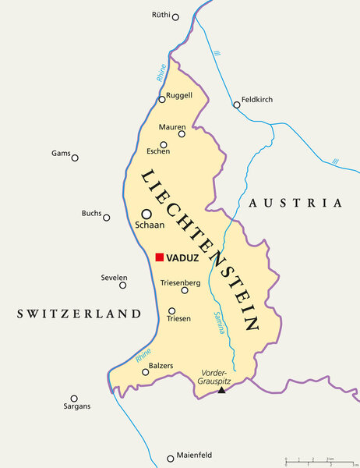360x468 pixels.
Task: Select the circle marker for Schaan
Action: click(x=146, y=214)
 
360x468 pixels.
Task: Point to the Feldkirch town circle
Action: click(x=236, y=105)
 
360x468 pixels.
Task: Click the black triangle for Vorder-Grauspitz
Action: click(x=221, y=389)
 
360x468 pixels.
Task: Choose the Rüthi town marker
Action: click(x=175, y=17)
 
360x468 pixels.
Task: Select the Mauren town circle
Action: click(x=182, y=133)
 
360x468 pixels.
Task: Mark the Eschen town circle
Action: click(x=164, y=144)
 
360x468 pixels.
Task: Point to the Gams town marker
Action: click(x=75, y=158)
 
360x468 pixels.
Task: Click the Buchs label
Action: click(x=91, y=213)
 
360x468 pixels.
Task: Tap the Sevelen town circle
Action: click(x=122, y=285)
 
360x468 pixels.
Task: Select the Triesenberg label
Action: click(x=181, y=282)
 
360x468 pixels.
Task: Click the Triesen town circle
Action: click(x=171, y=311)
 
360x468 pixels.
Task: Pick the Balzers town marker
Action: click(x=145, y=372)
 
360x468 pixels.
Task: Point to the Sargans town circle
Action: click(x=74, y=399)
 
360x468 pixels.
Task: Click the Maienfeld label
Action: click(x=197, y=458)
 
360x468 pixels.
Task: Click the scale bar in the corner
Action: click(x=319, y=462)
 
